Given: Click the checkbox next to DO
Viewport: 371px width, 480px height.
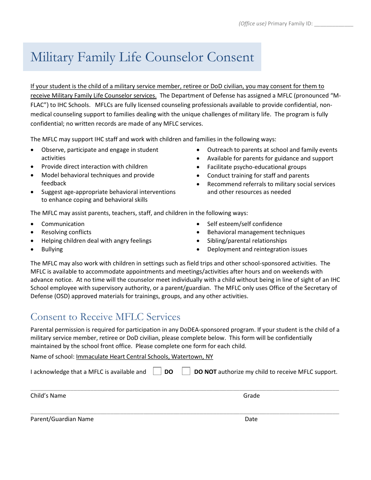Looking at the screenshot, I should coord(157,371).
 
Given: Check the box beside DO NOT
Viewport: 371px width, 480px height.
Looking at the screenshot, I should coord(186,371).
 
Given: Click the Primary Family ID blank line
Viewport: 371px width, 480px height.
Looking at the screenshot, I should coord(334,24).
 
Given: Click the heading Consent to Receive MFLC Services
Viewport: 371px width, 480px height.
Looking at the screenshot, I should coord(105,316).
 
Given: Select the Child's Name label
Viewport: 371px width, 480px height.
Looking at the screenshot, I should coord(48,395).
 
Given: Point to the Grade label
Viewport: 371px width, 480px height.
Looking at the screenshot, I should coord(251,395).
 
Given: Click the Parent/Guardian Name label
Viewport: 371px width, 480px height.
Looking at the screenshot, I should coord(62,419).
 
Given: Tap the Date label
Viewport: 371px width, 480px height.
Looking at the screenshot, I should coord(251,419).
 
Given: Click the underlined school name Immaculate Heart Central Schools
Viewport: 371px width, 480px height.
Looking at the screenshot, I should coord(144,357).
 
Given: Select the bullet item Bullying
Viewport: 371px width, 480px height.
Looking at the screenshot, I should coord(52,249).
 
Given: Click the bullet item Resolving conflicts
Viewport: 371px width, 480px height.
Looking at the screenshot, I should coord(66,232).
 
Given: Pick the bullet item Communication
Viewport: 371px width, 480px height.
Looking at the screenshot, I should coord(63,224).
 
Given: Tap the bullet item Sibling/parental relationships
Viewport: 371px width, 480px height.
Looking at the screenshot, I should coord(247,241).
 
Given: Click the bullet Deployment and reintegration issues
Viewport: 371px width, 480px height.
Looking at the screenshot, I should coord(257,249).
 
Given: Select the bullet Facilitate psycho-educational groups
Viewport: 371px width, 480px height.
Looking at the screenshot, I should coord(257,167).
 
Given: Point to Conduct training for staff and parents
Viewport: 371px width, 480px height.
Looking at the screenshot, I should coord(258,175).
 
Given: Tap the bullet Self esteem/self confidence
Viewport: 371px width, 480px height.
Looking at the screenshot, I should coord(244,224).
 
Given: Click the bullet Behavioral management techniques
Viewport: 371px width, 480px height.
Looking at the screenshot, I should coord(256,232).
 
